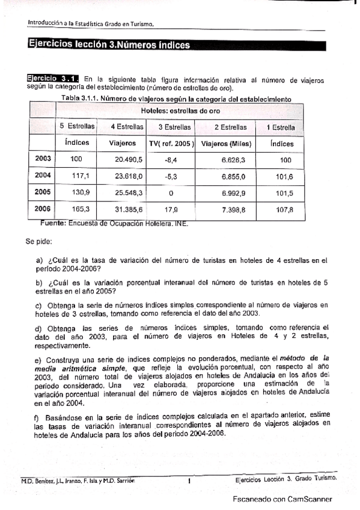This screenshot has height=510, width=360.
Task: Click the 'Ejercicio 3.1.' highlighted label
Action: pyautogui.click(x=53, y=79)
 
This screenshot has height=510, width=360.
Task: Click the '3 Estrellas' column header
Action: pyautogui.click(x=174, y=127)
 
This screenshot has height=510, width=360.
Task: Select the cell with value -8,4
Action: pyautogui.click(x=170, y=159)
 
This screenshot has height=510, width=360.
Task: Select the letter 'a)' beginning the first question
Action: pyautogui.click(x=40, y=260)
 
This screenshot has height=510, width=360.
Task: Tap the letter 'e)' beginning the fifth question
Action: pyautogui.click(x=40, y=359)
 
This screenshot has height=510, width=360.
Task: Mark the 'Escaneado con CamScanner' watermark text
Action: pyautogui.click(x=282, y=499)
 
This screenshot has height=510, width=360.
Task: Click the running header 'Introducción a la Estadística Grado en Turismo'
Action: pyautogui.click(x=91, y=23)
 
